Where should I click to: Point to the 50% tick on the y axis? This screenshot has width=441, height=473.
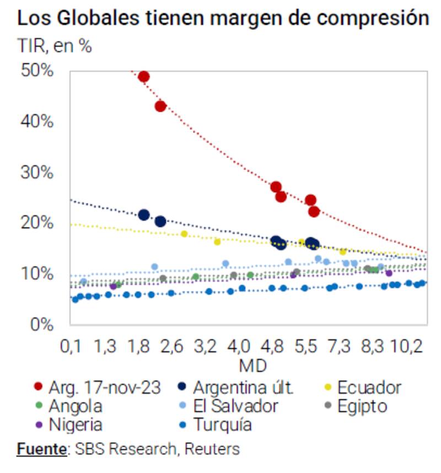(38, 71)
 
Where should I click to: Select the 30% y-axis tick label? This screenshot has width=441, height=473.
(38, 172)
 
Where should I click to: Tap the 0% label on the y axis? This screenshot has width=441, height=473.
(42, 324)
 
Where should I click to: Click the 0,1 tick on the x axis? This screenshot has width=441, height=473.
(71, 347)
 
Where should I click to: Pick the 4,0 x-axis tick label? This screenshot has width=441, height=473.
(239, 347)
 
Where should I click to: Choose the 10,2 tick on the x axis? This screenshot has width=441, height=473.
(407, 347)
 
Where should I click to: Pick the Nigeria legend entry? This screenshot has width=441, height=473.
(75, 425)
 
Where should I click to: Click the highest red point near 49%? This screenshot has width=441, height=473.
(144, 77)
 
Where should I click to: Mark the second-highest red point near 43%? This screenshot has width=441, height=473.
(160, 106)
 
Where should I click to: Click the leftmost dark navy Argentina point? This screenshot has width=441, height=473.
(144, 215)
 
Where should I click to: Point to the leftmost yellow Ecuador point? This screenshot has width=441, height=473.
(184, 233)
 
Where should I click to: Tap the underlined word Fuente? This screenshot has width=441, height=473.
(41, 449)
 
